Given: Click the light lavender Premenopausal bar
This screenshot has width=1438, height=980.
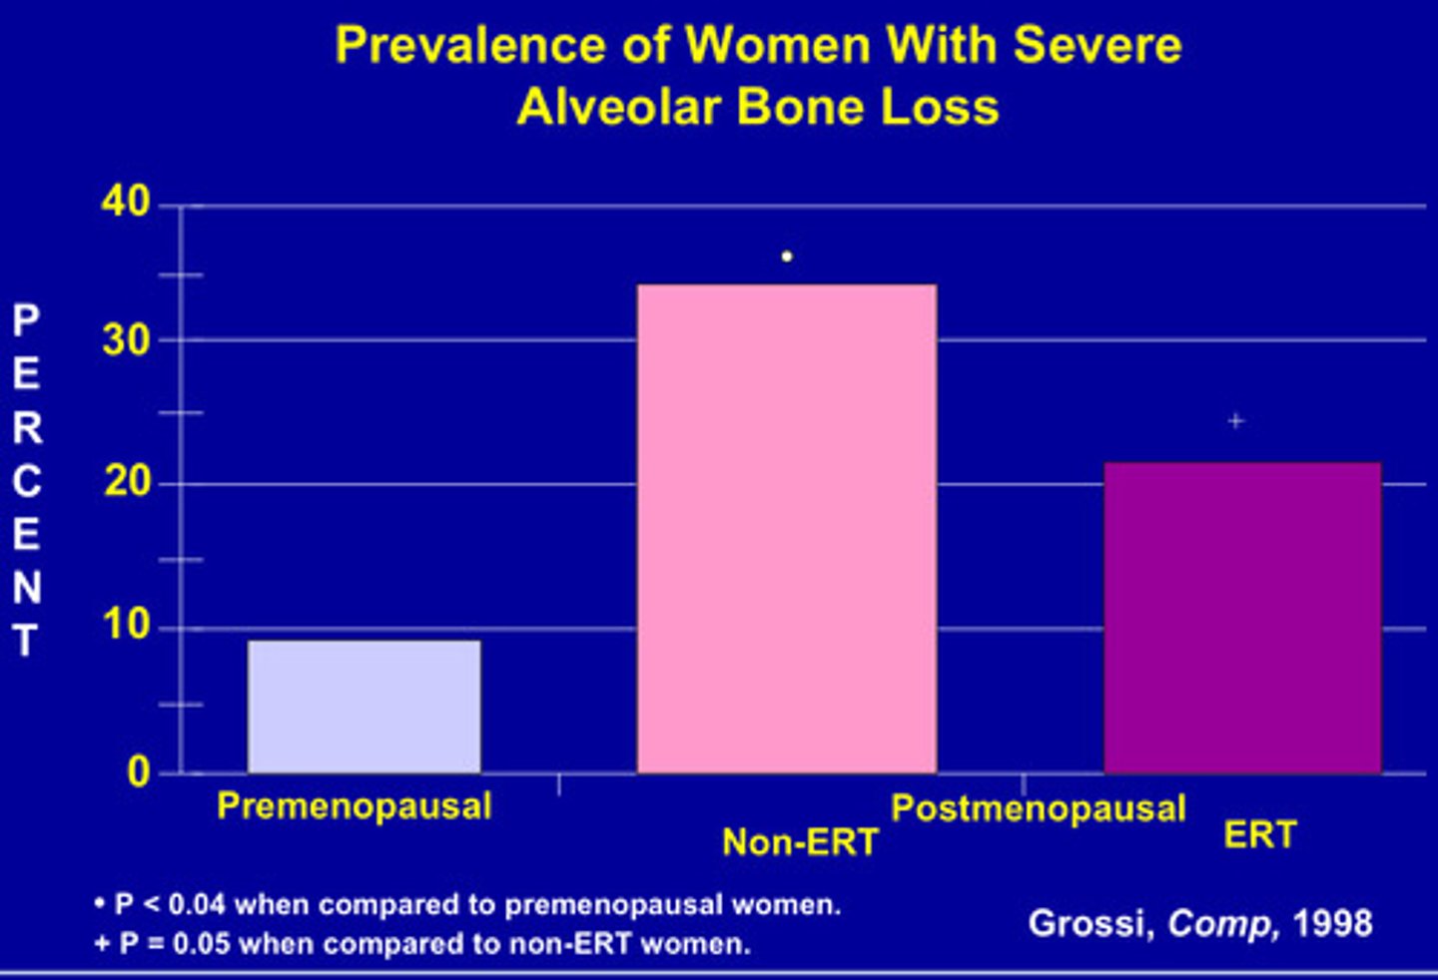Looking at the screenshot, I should coord(364,706).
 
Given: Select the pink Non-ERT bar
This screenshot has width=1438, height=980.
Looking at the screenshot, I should coord(787,529).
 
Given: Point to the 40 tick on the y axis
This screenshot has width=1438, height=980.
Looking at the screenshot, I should coord(126,203).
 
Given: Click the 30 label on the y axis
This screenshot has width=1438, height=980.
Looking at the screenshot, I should coord(126,341).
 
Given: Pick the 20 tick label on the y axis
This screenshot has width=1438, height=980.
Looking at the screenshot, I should coord(126,483).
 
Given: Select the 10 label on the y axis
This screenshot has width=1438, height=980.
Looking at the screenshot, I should coord(126,626).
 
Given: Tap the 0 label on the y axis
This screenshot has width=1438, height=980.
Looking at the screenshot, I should coord(139,771).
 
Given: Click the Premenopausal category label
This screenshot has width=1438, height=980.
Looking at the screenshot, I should coord(355,806).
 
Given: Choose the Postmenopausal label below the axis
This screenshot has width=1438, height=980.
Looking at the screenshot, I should coord(1039,808).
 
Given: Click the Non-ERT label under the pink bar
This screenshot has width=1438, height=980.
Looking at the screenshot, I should coord(800,842).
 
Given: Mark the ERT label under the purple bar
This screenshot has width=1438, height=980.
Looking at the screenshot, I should coord(1260,834).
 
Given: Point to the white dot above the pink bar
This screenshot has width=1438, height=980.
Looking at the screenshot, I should coord(787,257).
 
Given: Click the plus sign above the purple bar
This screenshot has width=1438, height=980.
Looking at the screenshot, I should coord(1236,421).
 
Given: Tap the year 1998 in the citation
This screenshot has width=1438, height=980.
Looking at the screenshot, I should coord(1332,923).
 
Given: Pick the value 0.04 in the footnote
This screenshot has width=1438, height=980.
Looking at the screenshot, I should coord(197,905).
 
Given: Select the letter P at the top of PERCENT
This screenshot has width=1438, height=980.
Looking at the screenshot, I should coord(26,320).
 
